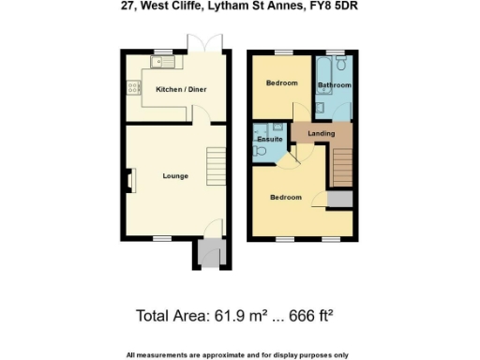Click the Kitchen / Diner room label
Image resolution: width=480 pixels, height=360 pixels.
(x=180, y=89)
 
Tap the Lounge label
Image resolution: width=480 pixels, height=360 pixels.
(x=175, y=175)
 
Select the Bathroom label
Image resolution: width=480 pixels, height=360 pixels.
(x=335, y=85)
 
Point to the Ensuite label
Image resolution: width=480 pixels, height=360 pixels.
(x=270, y=139)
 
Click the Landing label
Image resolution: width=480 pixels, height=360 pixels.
(x=321, y=134)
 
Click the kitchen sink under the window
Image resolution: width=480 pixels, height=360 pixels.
(x=162, y=63)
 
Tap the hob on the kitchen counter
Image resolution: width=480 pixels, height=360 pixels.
(x=130, y=89)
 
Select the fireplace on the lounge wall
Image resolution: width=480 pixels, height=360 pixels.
(x=130, y=179)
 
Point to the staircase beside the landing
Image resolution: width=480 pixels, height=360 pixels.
(x=342, y=166)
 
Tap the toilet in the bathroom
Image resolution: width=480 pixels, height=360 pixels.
(x=344, y=64)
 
